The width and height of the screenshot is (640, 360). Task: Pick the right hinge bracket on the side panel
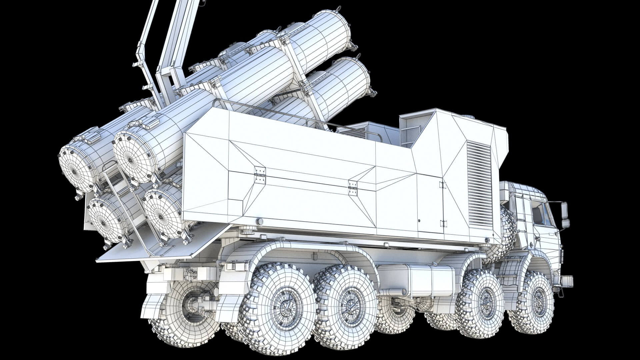[x=352, y=188]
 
